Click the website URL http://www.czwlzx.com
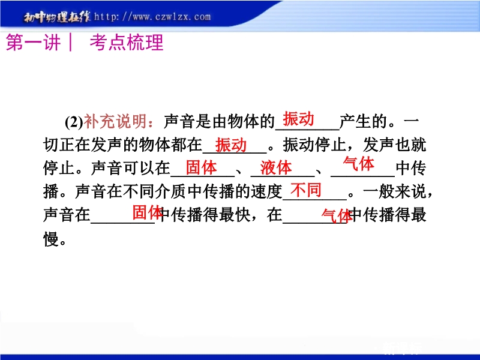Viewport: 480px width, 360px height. [152, 17]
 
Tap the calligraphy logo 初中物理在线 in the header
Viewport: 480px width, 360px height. [57, 17]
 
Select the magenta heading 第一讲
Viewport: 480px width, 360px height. [33, 42]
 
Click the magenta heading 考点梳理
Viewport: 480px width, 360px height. [127, 42]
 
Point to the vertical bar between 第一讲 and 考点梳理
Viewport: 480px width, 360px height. [71, 42]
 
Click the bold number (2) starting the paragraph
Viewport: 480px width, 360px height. [74, 122]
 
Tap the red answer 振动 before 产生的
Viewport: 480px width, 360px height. [298, 119]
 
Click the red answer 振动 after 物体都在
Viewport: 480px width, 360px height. [231, 145]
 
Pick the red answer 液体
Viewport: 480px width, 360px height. [276, 168]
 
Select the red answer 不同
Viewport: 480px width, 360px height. [306, 190]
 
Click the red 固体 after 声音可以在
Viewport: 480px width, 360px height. [202, 167]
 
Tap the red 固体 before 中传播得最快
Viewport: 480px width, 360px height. [147, 212]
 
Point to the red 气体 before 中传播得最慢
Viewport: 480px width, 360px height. [337, 216]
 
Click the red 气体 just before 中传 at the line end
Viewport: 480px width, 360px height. [359, 163]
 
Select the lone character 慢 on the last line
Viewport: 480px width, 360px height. [51, 239]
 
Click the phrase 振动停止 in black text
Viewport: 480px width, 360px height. [314, 145]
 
